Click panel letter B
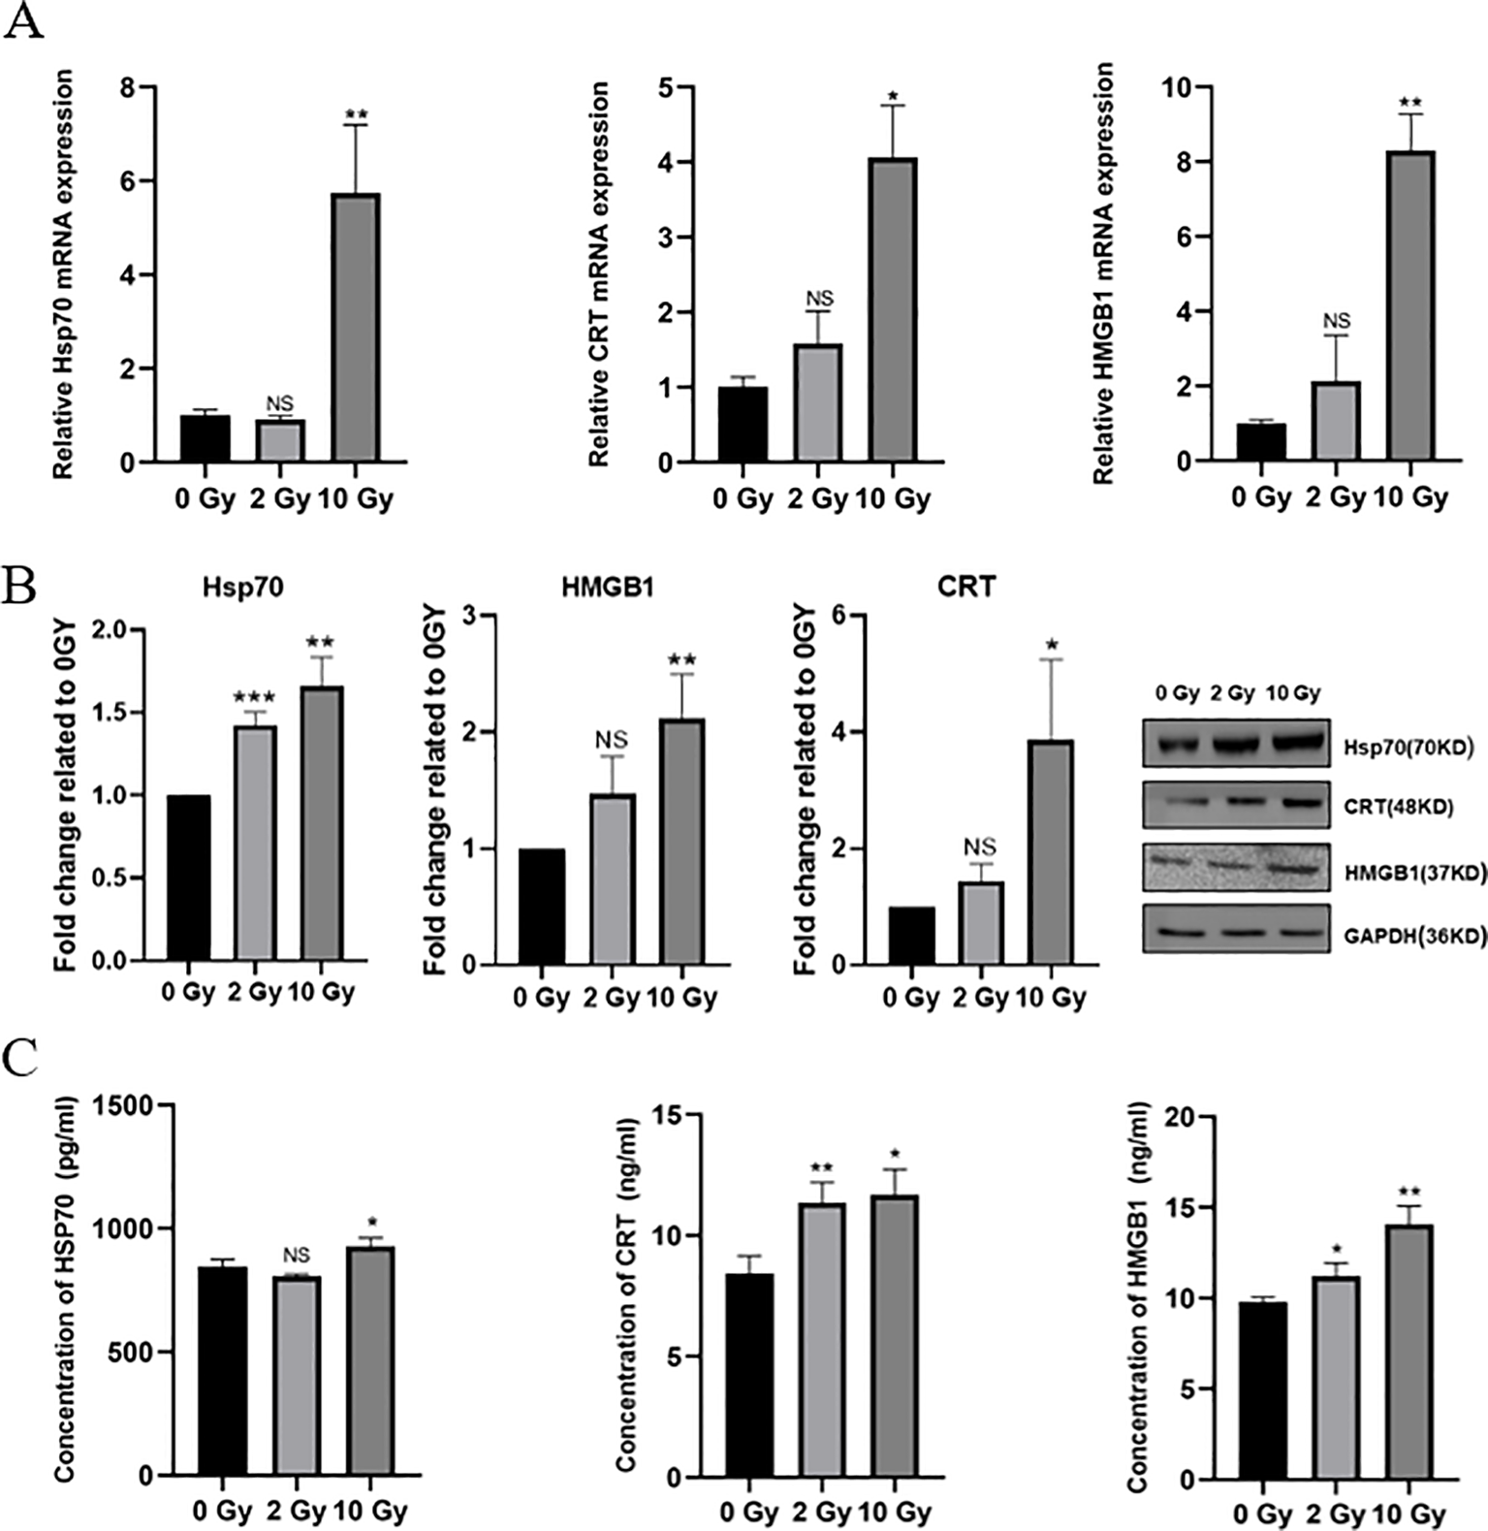tap(20, 586)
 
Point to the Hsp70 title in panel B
tap(242, 588)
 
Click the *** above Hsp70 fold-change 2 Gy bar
tap(255, 697)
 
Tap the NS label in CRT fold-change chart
tap(980, 846)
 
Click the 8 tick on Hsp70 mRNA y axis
tap(126, 87)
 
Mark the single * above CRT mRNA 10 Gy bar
tap(893, 96)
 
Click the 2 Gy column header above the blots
tap(1232, 693)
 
